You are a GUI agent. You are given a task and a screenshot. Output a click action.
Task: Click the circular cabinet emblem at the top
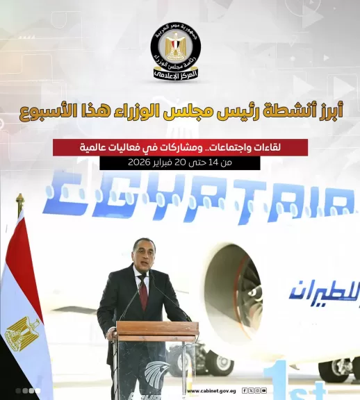[175, 50]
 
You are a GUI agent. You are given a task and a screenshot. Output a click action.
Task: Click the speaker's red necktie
[142, 292]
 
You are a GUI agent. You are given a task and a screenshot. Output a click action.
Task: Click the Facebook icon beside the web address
[244, 391]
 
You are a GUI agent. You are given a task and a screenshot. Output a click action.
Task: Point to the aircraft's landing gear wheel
[221, 363]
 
